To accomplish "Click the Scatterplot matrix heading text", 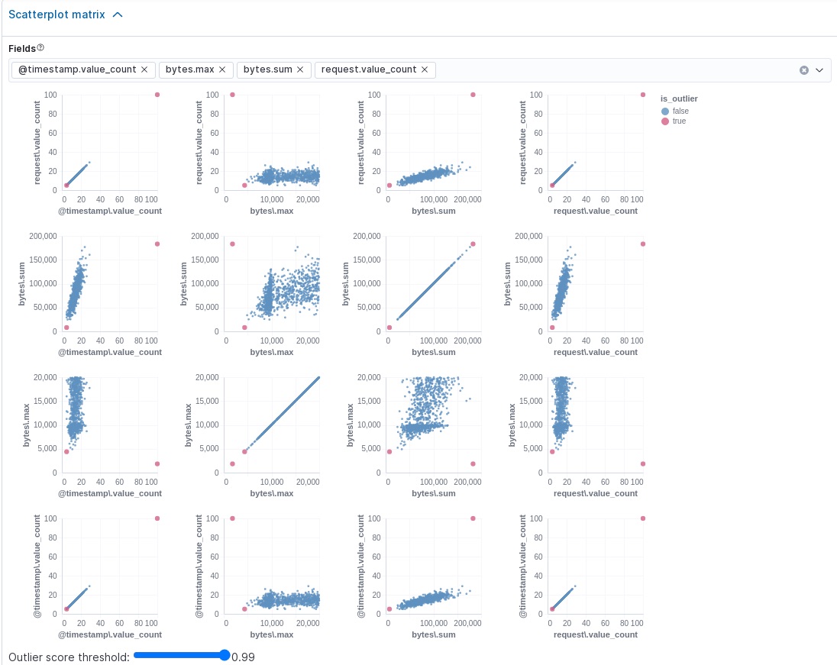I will pos(57,15).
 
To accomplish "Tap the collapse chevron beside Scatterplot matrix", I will pos(118,15).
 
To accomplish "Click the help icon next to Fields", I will pos(40,48).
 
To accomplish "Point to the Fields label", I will pos(21,49).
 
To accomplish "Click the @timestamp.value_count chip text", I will pos(76,69).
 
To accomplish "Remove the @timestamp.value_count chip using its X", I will pos(144,69).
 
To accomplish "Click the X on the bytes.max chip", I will pos(222,69).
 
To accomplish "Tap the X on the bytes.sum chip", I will pos(300,69).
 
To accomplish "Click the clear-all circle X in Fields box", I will pos(803,70).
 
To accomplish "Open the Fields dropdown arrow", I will pos(819,70).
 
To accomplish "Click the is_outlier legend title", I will pos(679,98).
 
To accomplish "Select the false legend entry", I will pos(680,111).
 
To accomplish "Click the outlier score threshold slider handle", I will pos(225,655).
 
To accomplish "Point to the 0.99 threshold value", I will pos(244,657).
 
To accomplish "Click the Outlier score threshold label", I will pos(69,657).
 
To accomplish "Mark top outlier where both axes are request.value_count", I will pos(643,95).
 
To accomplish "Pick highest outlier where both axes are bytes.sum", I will pos(473,244).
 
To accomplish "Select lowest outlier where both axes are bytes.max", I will pos(232,463).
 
